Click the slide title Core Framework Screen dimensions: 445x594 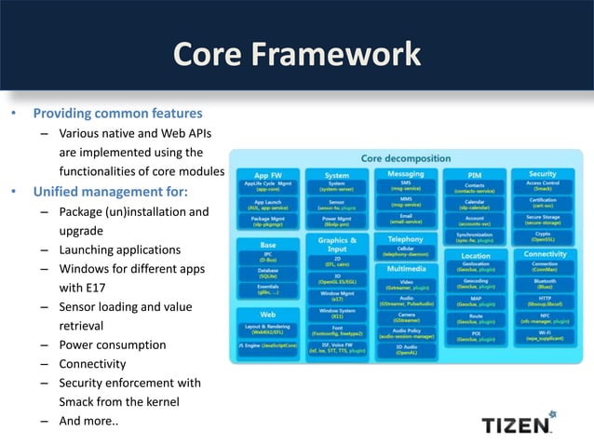tap(297, 54)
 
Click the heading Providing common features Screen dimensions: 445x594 tap(117, 114)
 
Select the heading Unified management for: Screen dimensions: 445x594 tap(111, 192)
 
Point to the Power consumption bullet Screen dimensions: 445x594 tap(112, 344)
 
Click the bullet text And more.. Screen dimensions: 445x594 tap(88, 420)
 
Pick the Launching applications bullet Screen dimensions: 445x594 tap(119, 249)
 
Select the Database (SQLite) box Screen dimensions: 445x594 tap(267, 275)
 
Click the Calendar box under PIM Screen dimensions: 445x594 tap(475, 204)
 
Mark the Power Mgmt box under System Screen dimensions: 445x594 tap(336, 222)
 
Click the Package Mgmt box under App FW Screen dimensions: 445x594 tap(267, 222)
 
